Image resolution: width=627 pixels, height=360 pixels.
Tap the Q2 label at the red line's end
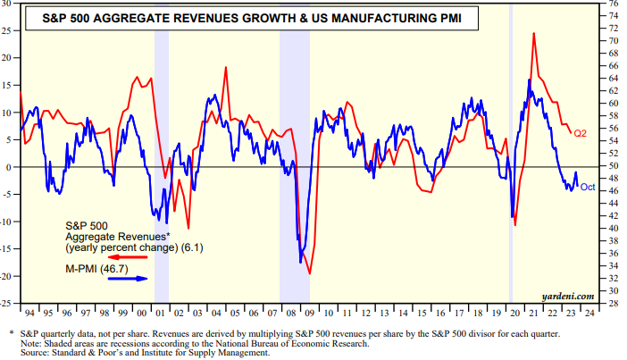click(x=579, y=134)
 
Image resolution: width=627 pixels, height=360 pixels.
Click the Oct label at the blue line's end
click(x=587, y=187)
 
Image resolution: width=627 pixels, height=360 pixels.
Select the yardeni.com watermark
click(x=568, y=294)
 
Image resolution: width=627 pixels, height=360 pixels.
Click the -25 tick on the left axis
click(x=7, y=304)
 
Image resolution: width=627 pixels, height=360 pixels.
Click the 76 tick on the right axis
click(x=613, y=4)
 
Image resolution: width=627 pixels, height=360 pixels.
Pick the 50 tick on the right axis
click(x=613, y=167)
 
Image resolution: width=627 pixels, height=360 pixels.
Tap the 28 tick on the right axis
click(x=613, y=304)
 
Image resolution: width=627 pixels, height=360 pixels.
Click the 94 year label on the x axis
click(x=30, y=314)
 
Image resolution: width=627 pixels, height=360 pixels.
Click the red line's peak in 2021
click(x=534, y=34)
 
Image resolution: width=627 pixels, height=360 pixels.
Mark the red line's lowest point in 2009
click(x=310, y=273)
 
